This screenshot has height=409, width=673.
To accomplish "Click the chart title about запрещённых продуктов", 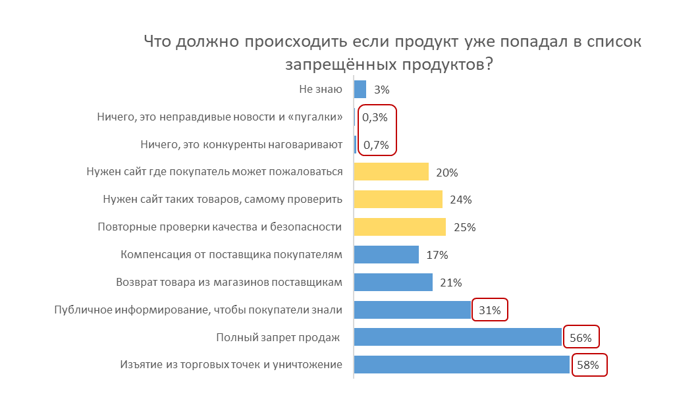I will (x=392, y=53).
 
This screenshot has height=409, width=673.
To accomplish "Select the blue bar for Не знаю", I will (x=360, y=89).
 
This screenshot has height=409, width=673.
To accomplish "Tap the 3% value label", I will (x=382, y=90).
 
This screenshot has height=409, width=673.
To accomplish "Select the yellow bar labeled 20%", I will (x=391, y=172).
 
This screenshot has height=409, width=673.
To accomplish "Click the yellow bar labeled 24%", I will (x=398, y=200).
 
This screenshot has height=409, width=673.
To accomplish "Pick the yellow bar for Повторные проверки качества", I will (x=400, y=227).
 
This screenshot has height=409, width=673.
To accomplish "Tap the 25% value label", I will (x=464, y=227).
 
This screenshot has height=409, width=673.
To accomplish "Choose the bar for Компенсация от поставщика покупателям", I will (x=387, y=254).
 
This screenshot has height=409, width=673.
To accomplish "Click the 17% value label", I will (x=437, y=255).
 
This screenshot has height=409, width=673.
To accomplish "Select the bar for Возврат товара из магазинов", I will (x=393, y=282).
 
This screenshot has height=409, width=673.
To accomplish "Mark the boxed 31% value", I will (x=490, y=310).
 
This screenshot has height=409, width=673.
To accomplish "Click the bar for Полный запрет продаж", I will (x=458, y=337).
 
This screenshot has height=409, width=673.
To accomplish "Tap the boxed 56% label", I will (x=581, y=338).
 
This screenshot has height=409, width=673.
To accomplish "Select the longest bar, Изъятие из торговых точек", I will (x=462, y=365).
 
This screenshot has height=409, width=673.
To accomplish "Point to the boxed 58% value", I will (x=589, y=366).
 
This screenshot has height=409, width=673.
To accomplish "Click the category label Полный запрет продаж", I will (x=278, y=337).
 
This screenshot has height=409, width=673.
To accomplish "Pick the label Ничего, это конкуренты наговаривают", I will (x=242, y=144).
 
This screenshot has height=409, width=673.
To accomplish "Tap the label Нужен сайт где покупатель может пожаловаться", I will (x=215, y=172).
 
